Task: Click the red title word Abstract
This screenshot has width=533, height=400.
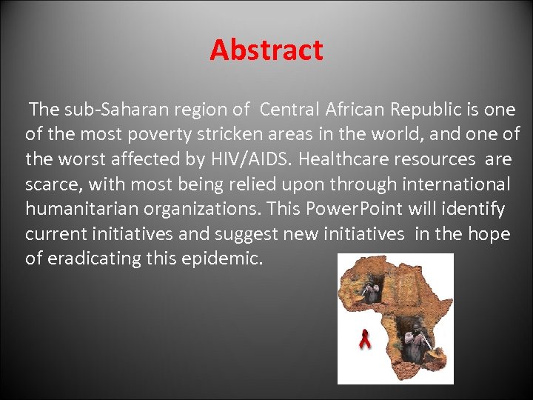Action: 266,50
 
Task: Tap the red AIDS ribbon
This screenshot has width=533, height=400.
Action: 363,340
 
